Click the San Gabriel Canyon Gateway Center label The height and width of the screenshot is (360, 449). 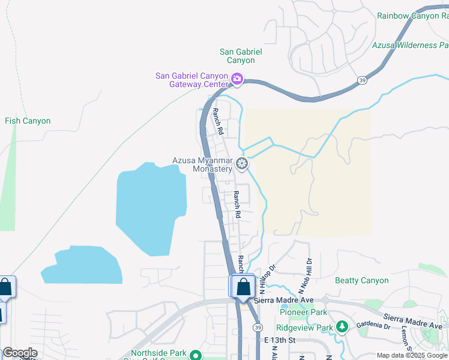point(191,80)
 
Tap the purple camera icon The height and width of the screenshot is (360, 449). point(237,78)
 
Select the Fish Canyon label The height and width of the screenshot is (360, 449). point(28,121)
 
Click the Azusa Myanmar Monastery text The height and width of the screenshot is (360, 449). point(202,164)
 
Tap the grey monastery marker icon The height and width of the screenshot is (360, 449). point(242,163)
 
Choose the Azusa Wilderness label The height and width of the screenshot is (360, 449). point(410,45)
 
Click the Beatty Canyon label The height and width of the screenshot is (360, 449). point(362,280)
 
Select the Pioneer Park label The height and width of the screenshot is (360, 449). point(303,312)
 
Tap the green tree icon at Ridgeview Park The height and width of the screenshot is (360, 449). point(342,327)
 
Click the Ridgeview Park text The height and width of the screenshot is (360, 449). point(304,328)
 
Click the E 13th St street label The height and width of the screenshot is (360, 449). point(280,340)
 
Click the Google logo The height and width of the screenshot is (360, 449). point(20,353)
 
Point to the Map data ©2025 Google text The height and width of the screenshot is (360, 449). point(412,355)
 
